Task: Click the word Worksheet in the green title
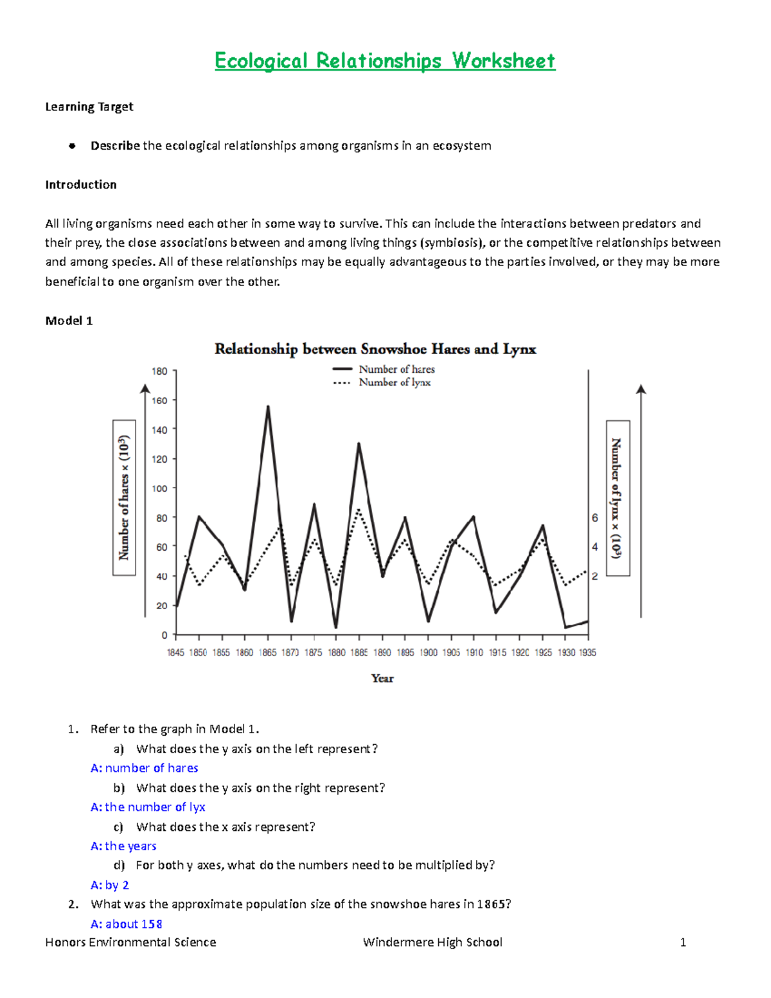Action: click(503, 61)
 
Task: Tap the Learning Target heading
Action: click(89, 107)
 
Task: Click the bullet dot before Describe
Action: click(72, 146)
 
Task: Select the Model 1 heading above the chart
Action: click(69, 321)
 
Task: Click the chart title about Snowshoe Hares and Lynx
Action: click(375, 349)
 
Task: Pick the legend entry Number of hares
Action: click(396, 370)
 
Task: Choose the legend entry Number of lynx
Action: click(394, 382)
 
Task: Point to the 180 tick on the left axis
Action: click(159, 371)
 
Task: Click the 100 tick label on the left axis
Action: click(159, 488)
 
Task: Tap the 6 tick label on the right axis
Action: click(595, 518)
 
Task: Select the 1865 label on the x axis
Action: click(267, 652)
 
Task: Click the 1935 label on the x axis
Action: click(587, 652)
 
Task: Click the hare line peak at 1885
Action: click(359, 443)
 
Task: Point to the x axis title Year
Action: click(382, 679)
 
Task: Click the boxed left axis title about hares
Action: click(124, 497)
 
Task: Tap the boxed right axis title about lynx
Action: click(617, 497)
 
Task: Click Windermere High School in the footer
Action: click(432, 942)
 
